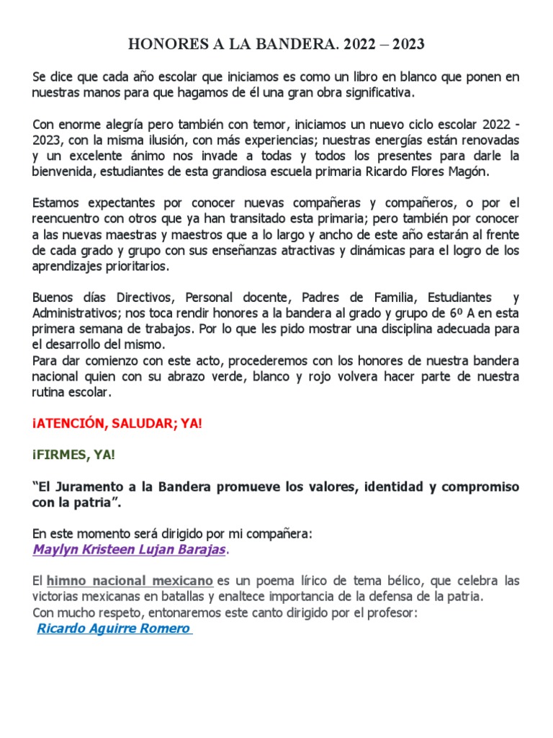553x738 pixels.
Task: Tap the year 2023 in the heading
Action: point(405,45)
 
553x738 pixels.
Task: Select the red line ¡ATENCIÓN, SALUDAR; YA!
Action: point(117,424)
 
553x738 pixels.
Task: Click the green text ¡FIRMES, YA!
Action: point(73,455)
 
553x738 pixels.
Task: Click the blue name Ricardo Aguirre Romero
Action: point(113,628)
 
